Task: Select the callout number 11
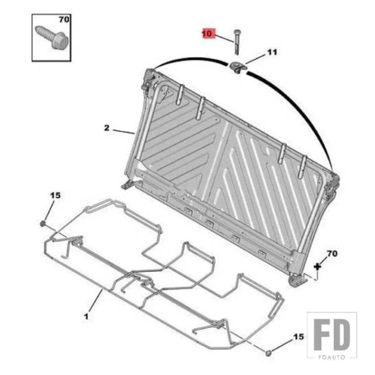(x=272, y=52)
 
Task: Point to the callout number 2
(x=107, y=128)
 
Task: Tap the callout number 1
(x=86, y=316)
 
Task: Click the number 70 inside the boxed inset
(x=64, y=19)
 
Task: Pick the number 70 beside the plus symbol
(x=332, y=253)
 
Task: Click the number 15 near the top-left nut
(x=55, y=196)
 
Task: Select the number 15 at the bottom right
(x=298, y=337)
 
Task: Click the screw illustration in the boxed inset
(x=52, y=37)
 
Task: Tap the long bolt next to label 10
(x=237, y=42)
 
